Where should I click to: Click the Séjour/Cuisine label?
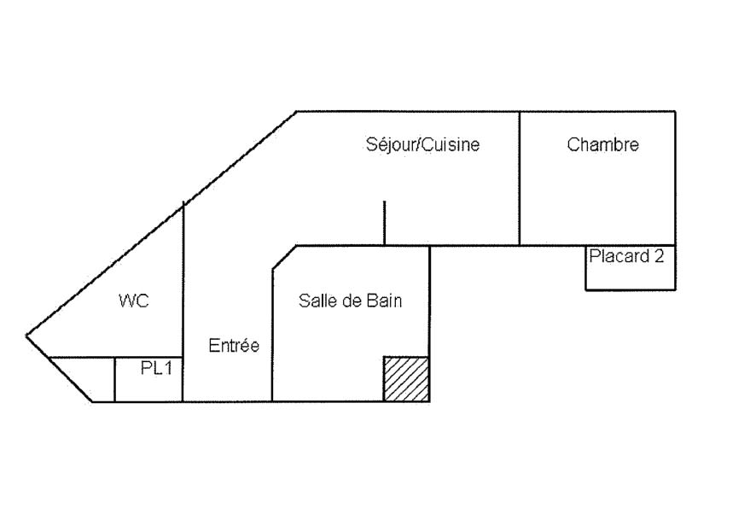click(422, 145)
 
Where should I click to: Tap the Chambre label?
click(602, 145)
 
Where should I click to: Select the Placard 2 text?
click(626, 256)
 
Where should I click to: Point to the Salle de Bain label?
click(350, 301)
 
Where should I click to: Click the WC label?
click(133, 301)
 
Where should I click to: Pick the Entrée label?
click(234, 346)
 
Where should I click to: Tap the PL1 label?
click(156, 368)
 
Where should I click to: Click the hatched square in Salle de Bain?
click(405, 378)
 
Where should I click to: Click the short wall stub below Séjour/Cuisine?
click(384, 223)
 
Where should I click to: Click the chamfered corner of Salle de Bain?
click(283, 258)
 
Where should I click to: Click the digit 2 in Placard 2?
click(658, 256)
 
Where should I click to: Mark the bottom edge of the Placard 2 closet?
click(630, 290)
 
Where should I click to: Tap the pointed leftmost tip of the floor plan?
click(27, 335)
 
